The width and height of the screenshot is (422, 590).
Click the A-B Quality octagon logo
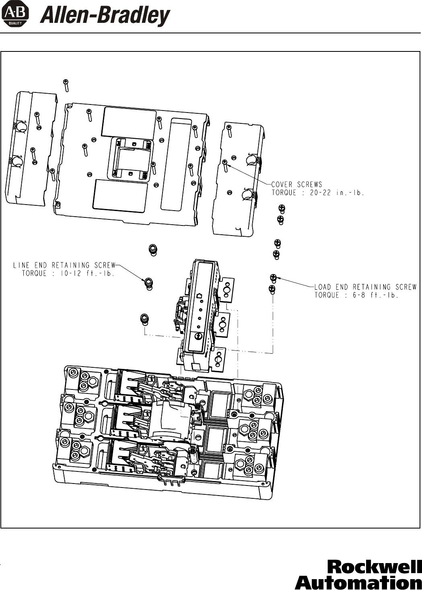[x=15, y=16]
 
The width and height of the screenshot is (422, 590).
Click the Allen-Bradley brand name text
[x=105, y=16]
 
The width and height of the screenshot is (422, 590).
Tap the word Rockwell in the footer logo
[x=375, y=567]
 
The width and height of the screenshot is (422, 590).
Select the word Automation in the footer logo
[x=359, y=582]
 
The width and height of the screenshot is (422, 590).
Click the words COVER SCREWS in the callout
[x=297, y=184]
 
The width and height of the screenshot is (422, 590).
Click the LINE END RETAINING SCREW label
[x=64, y=265]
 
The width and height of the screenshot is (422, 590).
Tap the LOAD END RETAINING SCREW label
[x=365, y=287]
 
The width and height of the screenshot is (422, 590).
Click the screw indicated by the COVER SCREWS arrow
[x=225, y=166]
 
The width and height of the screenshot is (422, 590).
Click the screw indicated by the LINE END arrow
[x=149, y=283]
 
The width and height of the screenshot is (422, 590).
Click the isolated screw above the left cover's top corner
[x=66, y=86]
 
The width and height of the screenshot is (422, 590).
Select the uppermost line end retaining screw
[x=152, y=250]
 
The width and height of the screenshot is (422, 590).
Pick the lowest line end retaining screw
[x=144, y=319]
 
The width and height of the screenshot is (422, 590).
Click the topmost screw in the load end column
[x=282, y=209]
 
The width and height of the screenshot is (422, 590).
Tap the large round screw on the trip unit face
[x=198, y=336]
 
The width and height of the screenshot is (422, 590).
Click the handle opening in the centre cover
[x=131, y=158]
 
